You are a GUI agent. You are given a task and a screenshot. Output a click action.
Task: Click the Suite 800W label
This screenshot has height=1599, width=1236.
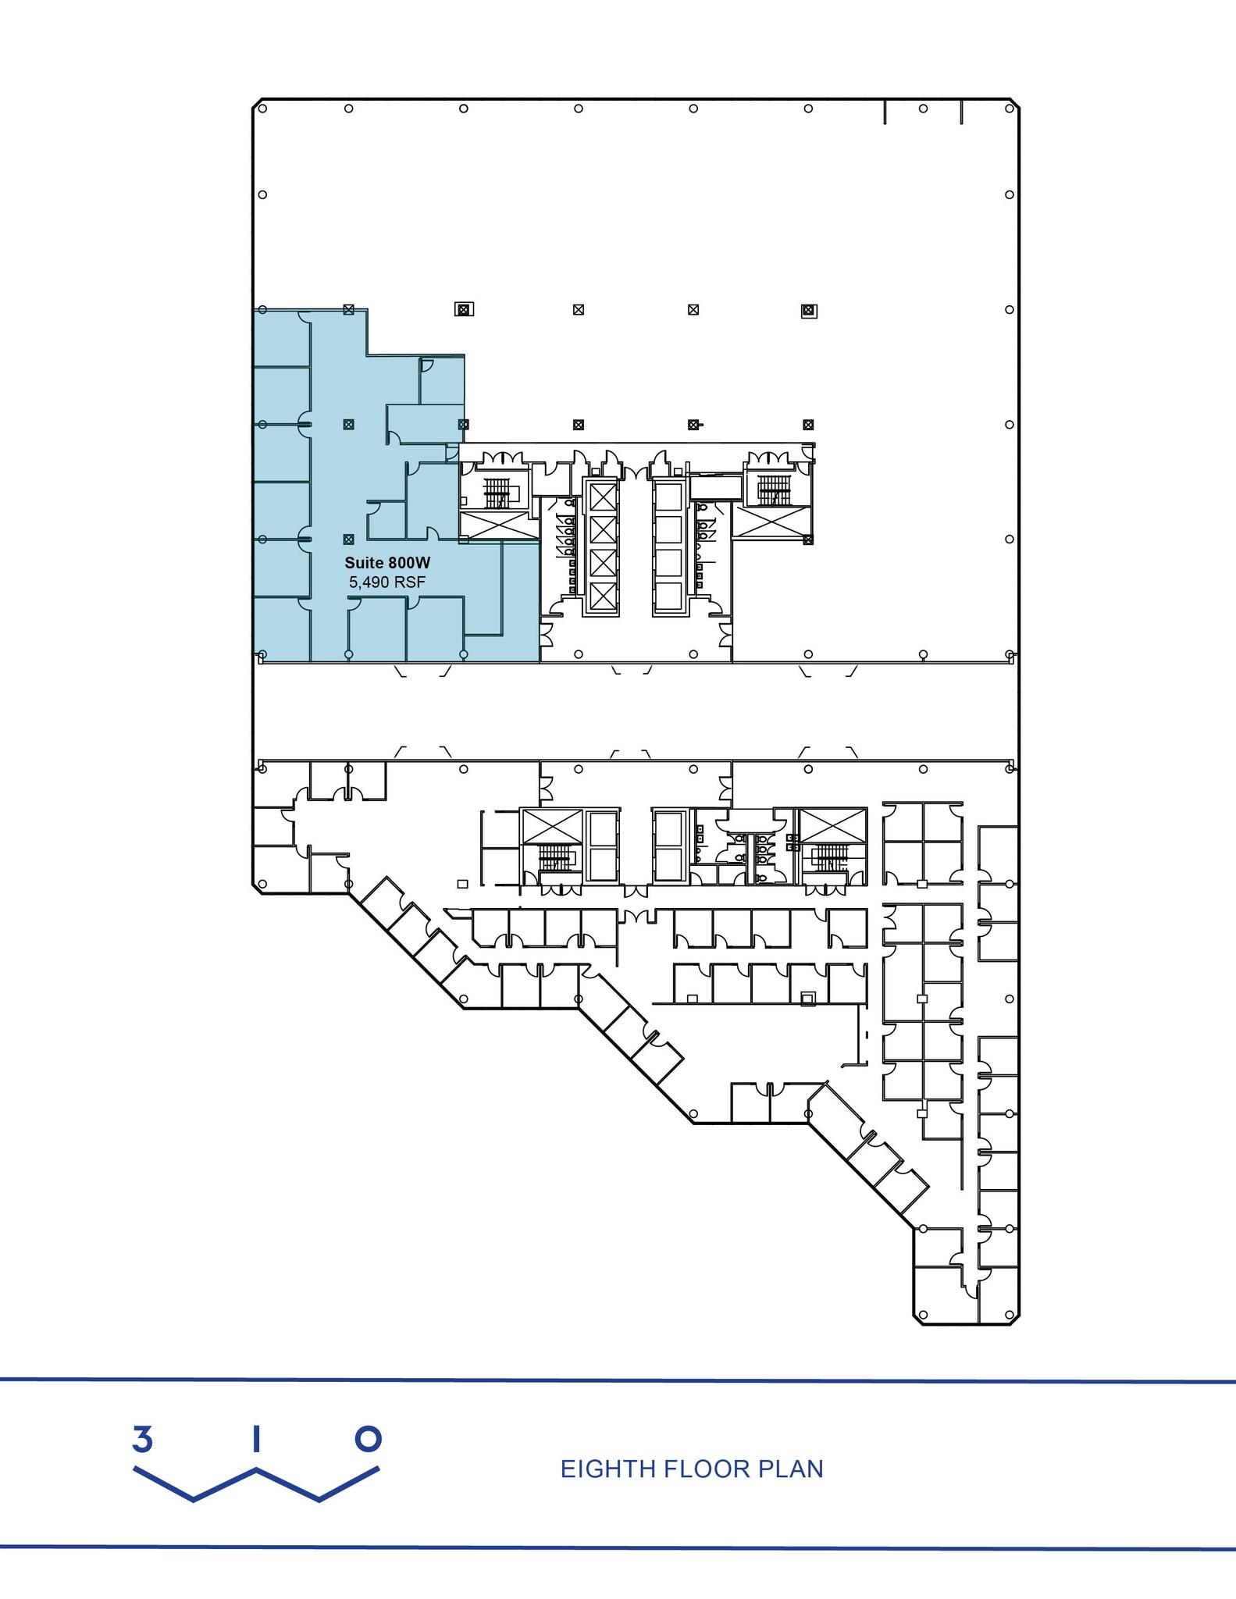pyautogui.click(x=387, y=562)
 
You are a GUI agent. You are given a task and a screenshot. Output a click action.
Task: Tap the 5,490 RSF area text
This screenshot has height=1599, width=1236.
pyautogui.click(x=387, y=582)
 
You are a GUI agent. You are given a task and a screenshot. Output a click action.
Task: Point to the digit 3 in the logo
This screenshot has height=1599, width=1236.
pyautogui.click(x=142, y=1439)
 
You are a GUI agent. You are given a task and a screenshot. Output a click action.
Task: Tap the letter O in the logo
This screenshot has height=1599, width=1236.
pyautogui.click(x=369, y=1438)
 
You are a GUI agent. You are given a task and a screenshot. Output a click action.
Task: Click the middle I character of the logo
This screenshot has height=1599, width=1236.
pyautogui.click(x=255, y=1439)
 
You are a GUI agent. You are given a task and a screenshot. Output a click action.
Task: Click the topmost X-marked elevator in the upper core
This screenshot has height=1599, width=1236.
pyautogui.click(x=603, y=497)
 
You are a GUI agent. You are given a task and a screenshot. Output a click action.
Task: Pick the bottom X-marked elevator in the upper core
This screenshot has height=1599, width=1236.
pyautogui.click(x=603, y=596)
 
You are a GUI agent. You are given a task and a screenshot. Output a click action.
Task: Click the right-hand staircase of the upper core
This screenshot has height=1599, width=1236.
pyautogui.click(x=773, y=490)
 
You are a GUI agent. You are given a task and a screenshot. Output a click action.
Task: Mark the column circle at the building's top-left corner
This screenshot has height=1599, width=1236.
pyautogui.click(x=262, y=109)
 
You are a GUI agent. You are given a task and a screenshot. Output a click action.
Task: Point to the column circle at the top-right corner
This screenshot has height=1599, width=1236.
pyautogui.click(x=1010, y=109)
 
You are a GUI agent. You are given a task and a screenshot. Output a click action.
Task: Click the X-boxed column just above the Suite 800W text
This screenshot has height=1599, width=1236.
pyautogui.click(x=349, y=540)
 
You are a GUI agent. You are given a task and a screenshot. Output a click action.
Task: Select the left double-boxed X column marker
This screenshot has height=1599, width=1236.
pyautogui.click(x=464, y=310)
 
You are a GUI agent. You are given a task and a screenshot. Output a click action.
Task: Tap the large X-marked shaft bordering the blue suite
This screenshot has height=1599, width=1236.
pyautogui.click(x=497, y=525)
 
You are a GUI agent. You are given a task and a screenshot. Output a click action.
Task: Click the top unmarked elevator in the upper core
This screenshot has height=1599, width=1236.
pyautogui.click(x=668, y=497)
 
